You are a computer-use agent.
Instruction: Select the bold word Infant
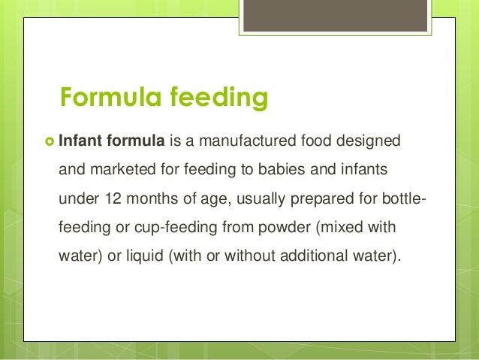click(79, 140)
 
